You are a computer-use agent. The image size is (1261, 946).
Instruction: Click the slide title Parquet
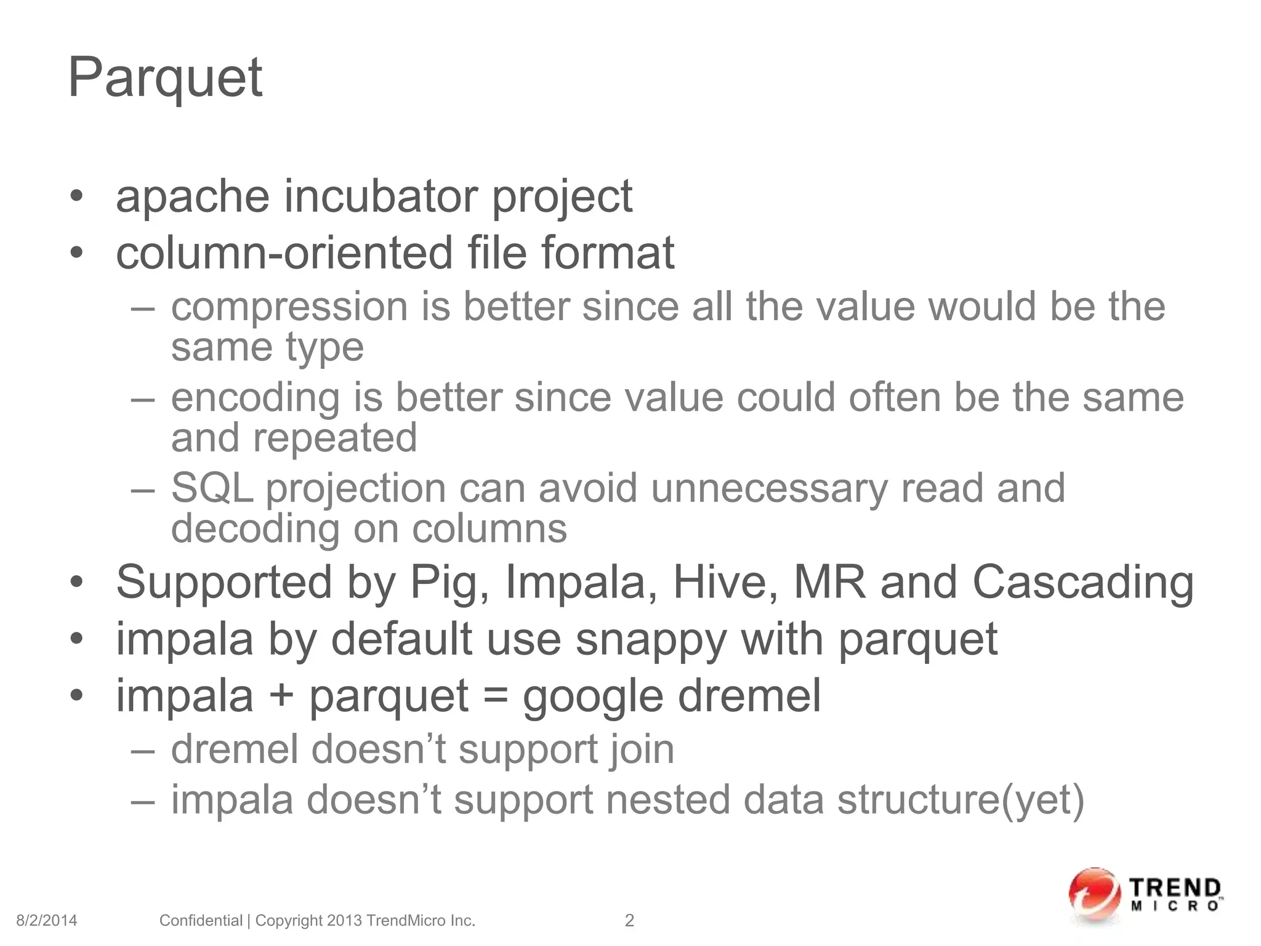[x=165, y=78]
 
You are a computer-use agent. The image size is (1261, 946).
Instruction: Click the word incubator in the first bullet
[x=381, y=196]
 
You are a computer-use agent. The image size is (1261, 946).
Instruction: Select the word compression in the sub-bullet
[x=289, y=307]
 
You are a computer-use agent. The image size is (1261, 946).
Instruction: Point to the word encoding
[x=255, y=397]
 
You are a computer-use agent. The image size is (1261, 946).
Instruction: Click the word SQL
[x=212, y=488]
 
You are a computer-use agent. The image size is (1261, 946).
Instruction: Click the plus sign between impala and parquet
[x=281, y=697]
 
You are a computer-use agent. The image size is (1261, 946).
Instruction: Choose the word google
[x=593, y=697]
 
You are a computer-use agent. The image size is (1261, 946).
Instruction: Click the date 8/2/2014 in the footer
[x=47, y=921]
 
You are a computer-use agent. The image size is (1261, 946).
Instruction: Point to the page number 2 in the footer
[x=629, y=921]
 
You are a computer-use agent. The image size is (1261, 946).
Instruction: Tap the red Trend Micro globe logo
[x=1094, y=896]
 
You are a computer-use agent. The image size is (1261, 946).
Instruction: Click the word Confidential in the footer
[x=201, y=921]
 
